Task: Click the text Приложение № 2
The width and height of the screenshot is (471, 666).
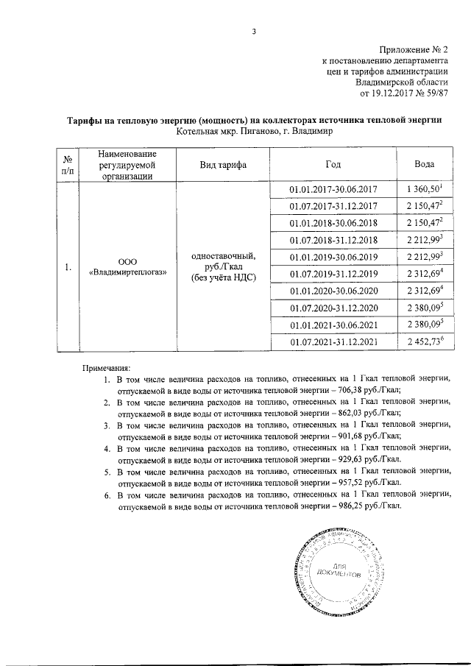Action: (413, 48)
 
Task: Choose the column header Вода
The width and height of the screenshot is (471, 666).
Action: (424, 164)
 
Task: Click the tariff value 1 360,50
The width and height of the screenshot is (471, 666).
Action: (422, 190)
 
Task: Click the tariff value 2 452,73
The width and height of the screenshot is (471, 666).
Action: (422, 341)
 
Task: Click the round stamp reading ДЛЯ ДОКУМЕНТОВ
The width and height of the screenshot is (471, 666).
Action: (338, 570)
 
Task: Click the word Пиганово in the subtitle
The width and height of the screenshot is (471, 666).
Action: (254, 132)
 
